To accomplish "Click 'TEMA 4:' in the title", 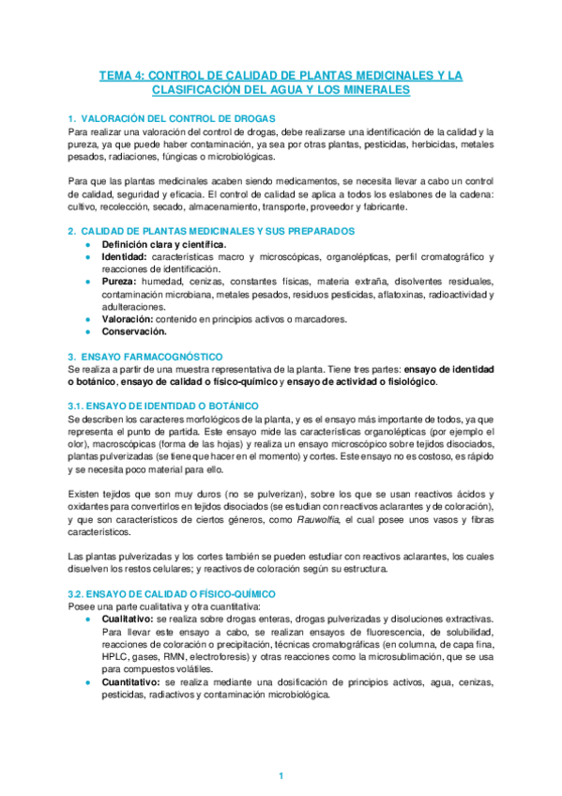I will pos(124,74).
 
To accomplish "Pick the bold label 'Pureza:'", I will pos(119,281).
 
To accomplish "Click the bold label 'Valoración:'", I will pos(128,318).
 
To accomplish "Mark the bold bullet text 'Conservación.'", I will pos(134,330).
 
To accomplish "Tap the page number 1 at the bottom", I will pos(281,776).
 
